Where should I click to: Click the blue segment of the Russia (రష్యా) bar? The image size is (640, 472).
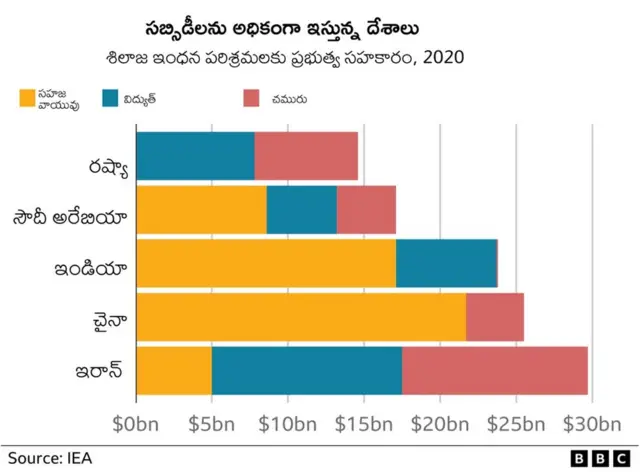click(195, 156)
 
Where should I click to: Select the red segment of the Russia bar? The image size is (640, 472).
click(306, 156)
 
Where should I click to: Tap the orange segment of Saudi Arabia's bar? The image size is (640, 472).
click(201, 210)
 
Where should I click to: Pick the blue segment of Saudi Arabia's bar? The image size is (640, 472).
click(301, 210)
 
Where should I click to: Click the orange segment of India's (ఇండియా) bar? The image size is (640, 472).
click(265, 264)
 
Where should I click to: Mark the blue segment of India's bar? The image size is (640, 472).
click(446, 264)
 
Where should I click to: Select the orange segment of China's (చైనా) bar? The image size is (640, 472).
click(300, 317)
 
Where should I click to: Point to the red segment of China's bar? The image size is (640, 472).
click(494, 317)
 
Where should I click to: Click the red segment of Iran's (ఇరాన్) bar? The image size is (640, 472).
click(494, 371)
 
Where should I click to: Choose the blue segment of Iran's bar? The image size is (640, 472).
click(306, 371)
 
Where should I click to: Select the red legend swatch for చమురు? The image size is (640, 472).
click(252, 98)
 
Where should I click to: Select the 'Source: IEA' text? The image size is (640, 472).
click(42, 458)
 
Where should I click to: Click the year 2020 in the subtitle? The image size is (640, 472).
click(446, 58)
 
